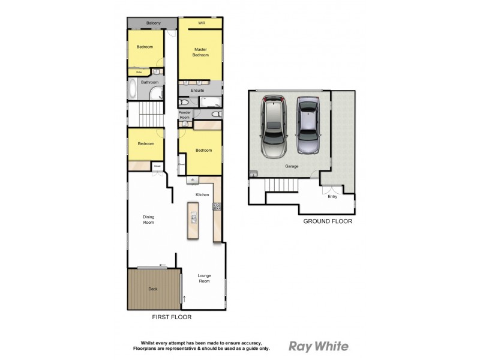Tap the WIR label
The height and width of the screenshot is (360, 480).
click(202, 23)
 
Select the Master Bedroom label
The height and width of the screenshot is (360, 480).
click(200, 52)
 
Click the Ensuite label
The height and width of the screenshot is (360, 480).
click(197, 90)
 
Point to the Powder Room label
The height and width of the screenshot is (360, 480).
click(184, 115)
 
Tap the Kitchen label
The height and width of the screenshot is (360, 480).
click(202, 195)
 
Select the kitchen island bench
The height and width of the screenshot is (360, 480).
click(193, 220)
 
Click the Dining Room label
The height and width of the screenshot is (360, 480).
click(148, 220)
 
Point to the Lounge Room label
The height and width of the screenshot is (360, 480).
click(205, 278)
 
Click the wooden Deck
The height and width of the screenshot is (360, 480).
click(154, 289)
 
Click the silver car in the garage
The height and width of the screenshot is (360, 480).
click(309, 126)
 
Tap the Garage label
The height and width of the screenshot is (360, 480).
click(292, 167)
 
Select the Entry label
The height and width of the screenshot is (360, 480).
click(332, 196)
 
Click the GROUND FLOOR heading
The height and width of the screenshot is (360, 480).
click(327, 221)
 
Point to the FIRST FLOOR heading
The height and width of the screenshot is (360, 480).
click(172, 317)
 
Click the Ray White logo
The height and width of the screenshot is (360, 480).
click(318, 346)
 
